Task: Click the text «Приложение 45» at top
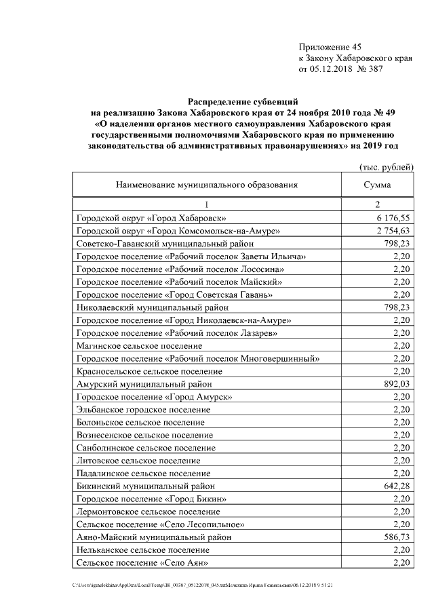330,47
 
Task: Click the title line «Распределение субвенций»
241,102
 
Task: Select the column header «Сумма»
376,185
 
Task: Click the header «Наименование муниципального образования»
207,185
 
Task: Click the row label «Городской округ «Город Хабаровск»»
151,218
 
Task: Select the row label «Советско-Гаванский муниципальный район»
165,244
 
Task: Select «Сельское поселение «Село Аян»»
142,562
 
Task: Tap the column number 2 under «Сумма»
377,204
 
